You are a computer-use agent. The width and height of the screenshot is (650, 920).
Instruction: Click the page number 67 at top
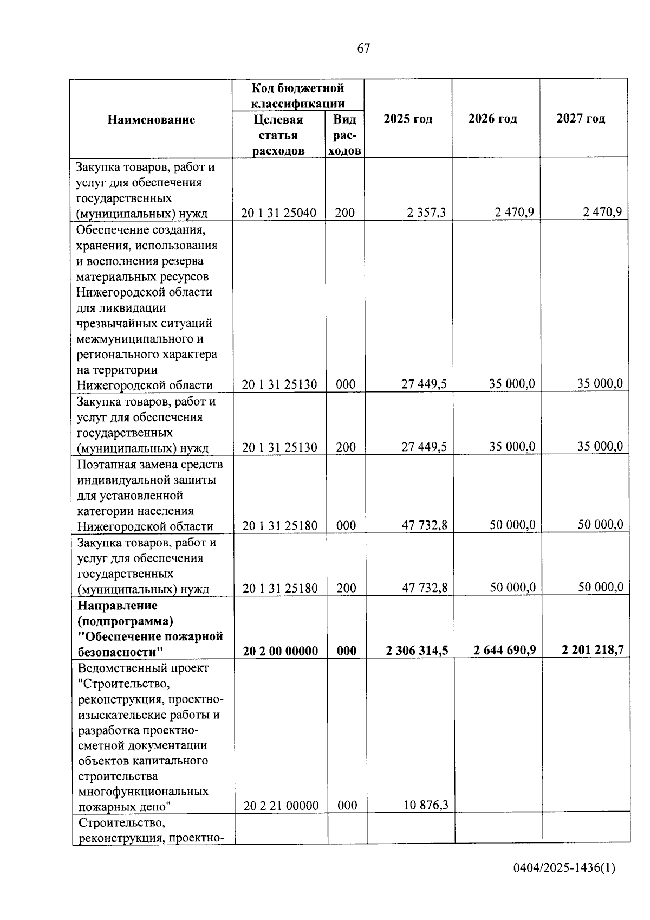point(363,49)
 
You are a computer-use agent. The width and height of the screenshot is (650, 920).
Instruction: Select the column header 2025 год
point(408,119)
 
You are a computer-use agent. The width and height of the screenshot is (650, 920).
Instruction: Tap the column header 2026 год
point(492,119)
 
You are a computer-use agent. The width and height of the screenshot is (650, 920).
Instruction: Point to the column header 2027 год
point(581,118)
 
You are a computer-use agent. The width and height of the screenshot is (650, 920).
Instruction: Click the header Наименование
point(151,120)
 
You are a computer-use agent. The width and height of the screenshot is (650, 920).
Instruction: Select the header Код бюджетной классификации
point(298,95)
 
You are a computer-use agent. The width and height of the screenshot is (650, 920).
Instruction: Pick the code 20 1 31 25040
point(279,213)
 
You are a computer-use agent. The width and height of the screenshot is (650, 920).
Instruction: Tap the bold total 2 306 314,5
point(417,651)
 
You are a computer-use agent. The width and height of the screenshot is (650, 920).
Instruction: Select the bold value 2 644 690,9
point(505,650)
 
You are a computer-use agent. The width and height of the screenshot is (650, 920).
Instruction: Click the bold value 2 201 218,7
point(593,649)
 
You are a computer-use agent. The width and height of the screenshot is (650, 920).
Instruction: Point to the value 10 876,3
point(426,805)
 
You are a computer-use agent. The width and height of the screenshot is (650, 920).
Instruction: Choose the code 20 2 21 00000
point(281,806)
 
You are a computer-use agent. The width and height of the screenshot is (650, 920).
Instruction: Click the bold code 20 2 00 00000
point(281,651)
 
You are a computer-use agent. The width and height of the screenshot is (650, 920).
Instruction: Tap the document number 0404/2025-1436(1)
point(564,868)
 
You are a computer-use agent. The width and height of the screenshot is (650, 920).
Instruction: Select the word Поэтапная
point(106,465)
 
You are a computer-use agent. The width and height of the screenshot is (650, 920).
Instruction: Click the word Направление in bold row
point(118,605)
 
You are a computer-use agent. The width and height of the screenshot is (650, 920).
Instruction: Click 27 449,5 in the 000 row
point(424,384)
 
